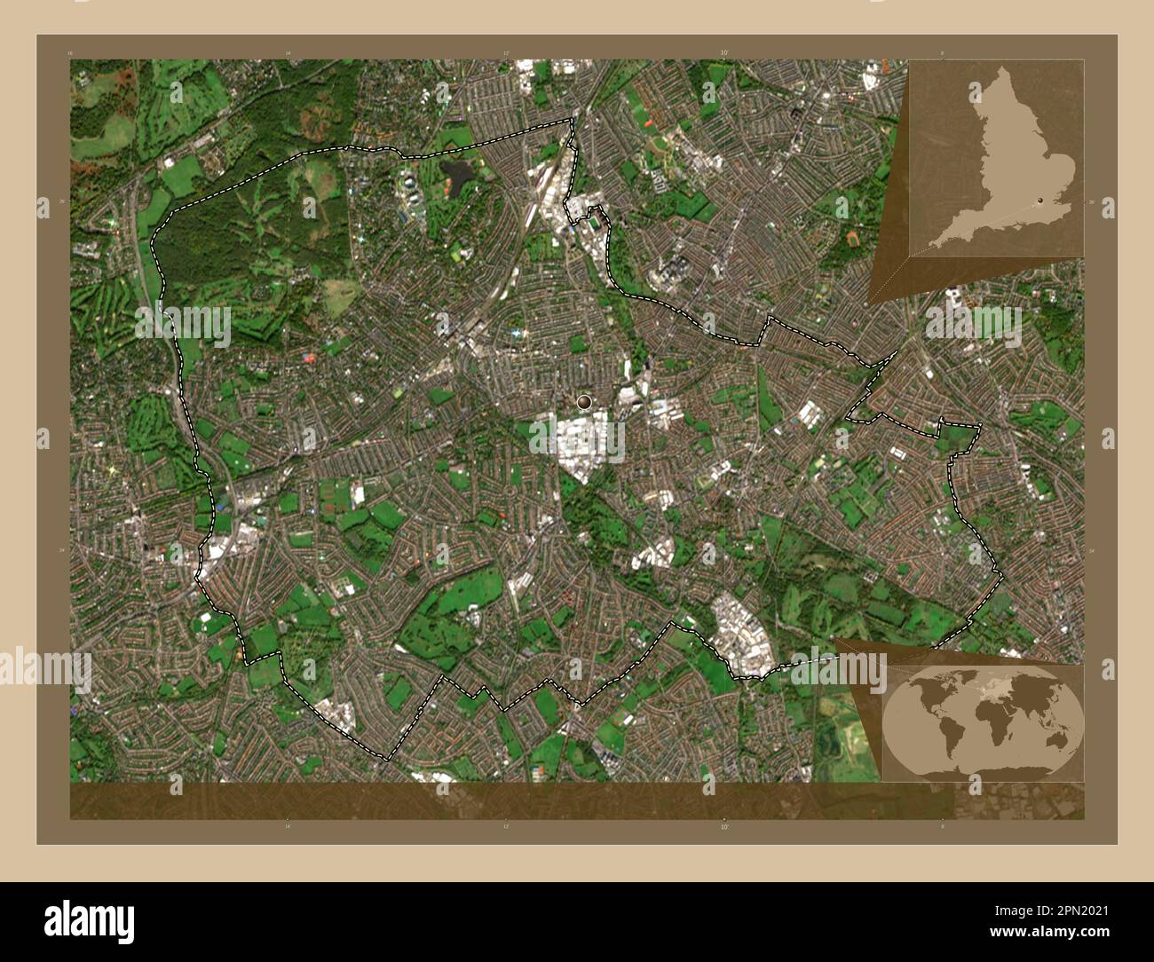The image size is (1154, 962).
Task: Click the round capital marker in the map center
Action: pos(583,402)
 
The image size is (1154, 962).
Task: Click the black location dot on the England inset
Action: pos(1039,201)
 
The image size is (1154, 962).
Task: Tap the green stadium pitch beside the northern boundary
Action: pos(459,255)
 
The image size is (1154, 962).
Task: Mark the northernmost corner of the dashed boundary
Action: pos(571,120)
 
